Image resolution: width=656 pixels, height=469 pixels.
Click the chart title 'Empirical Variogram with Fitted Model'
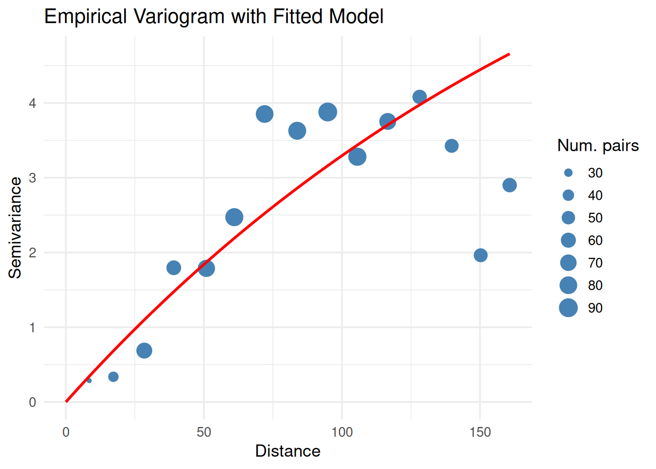tap(213, 17)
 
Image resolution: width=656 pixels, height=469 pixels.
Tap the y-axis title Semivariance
tap(15, 228)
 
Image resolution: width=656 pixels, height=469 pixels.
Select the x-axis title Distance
tap(287, 451)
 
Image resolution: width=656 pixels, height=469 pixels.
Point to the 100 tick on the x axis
tap(342, 432)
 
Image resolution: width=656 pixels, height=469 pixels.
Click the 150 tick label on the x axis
tap(480, 432)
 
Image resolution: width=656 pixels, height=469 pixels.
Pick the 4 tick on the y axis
tap(33, 103)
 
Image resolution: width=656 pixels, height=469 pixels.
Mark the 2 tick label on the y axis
tap(33, 253)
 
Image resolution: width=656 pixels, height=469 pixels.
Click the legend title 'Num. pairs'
tap(598, 146)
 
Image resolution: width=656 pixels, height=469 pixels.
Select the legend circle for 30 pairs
tap(568, 173)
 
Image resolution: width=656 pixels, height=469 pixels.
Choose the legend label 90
tap(595, 308)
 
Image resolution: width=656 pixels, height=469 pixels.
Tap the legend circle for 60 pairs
tap(568, 240)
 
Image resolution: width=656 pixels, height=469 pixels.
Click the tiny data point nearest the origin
tap(89, 381)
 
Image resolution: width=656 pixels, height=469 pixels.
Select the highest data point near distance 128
tap(419, 97)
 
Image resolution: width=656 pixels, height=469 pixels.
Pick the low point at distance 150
tap(480, 255)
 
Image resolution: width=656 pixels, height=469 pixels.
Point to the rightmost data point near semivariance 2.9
tap(509, 185)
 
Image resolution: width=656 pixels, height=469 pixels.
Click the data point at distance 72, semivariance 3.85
tap(264, 114)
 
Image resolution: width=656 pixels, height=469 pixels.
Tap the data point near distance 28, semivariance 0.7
tap(144, 350)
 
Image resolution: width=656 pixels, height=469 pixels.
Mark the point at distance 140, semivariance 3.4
tap(451, 146)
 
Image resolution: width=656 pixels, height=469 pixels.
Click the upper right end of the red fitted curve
tap(509, 54)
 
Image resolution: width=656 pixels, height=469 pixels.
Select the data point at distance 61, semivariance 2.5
tap(234, 217)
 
